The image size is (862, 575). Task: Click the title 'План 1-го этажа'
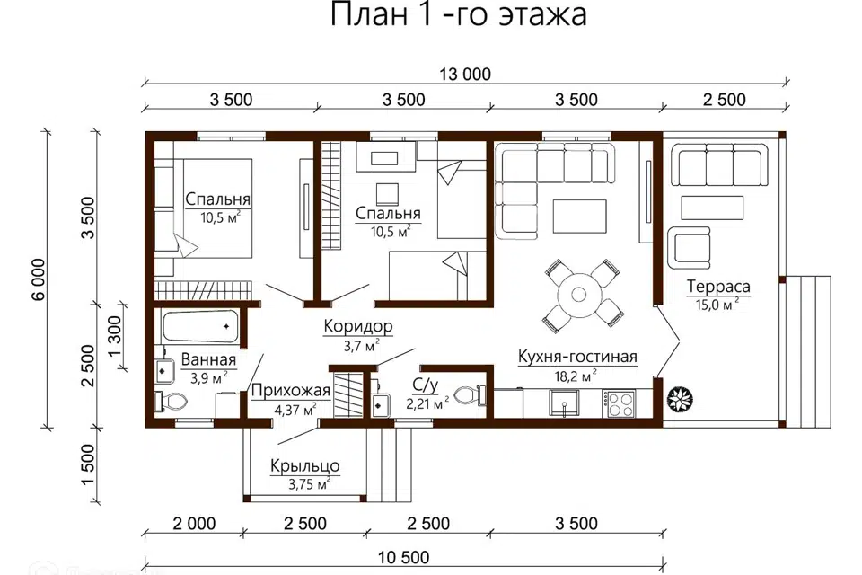coord(459,16)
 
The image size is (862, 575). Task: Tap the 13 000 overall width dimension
coord(465,75)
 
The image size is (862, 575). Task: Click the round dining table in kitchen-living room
coord(576,293)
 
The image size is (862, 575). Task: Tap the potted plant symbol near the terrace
coord(677,397)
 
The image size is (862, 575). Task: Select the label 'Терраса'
coord(718,287)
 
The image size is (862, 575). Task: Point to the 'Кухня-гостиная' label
coord(577,357)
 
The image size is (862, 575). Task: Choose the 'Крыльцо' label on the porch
coord(304,466)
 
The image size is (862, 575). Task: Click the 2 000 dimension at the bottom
coord(192,523)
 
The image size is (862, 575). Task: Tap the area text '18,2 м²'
coord(577,376)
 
